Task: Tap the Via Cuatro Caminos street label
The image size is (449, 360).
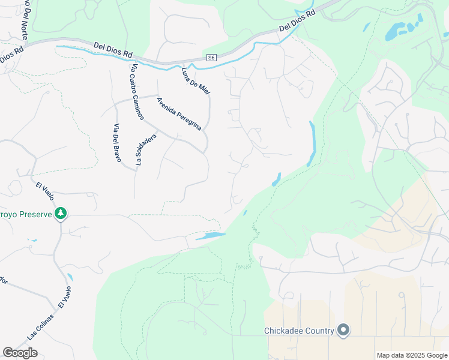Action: [x=137, y=92]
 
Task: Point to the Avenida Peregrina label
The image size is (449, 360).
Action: [x=178, y=113]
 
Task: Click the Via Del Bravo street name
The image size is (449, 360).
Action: [x=117, y=143]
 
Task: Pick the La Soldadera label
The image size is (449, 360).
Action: [x=146, y=149]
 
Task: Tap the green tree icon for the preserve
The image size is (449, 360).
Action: [x=60, y=214]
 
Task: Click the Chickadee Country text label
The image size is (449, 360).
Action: [x=299, y=331]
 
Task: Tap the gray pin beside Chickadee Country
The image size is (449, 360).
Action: [x=343, y=331]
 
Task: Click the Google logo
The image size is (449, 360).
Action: [x=20, y=353]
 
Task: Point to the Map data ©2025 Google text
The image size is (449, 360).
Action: [x=412, y=355]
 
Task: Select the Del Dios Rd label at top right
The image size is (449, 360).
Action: [x=297, y=22]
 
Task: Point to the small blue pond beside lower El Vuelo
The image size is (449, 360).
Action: [x=70, y=277]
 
